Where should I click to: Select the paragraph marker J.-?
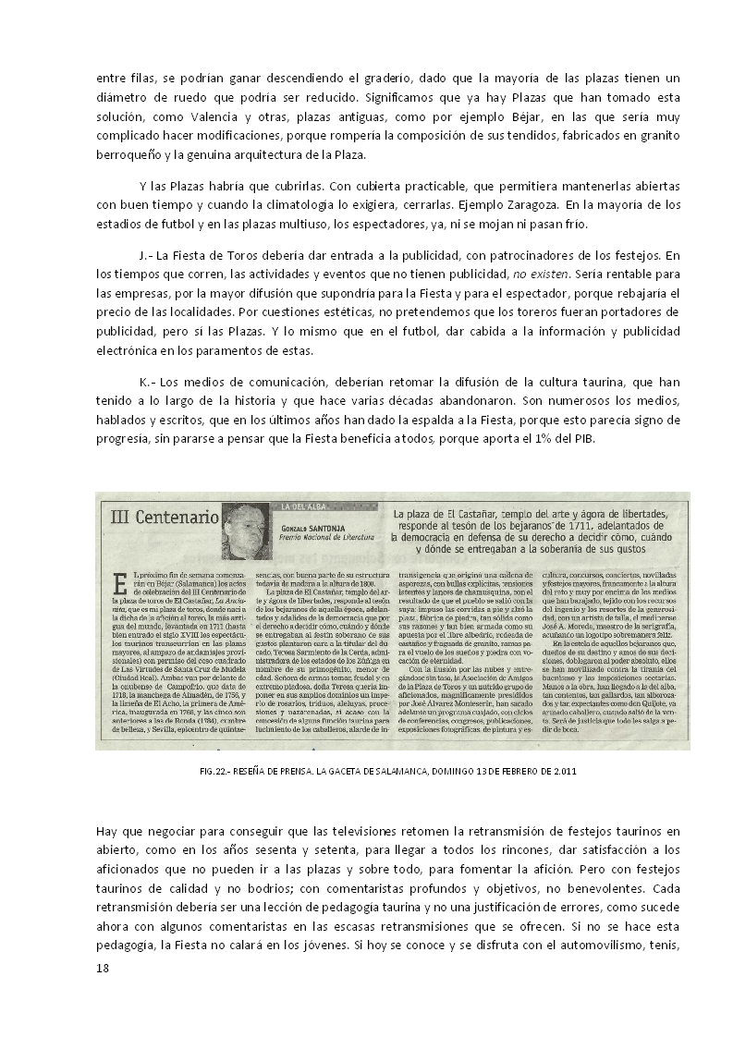tap(147, 254)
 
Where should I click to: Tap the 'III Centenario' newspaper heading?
tap(161, 516)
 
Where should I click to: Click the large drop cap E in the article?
tap(118, 586)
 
